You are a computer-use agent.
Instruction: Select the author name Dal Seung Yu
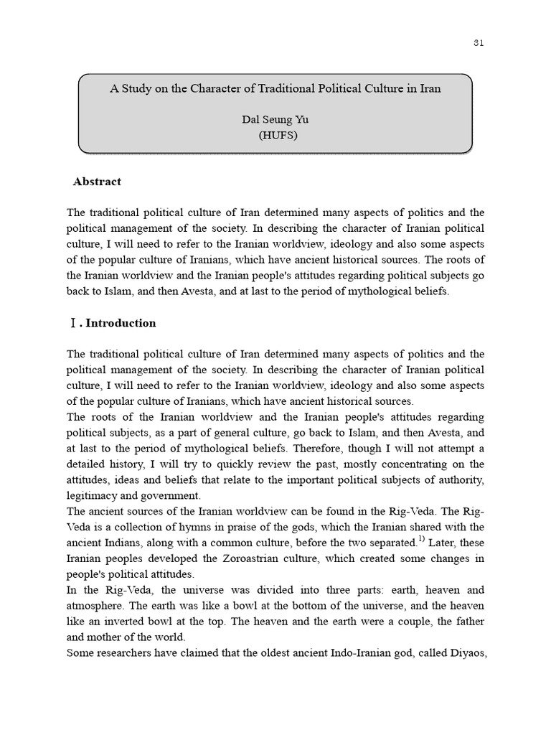[275, 120]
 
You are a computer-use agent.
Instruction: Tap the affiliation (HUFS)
[275, 134]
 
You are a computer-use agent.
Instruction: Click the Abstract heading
[97, 182]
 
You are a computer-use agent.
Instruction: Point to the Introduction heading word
[121, 323]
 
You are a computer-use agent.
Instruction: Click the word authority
[459, 479]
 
